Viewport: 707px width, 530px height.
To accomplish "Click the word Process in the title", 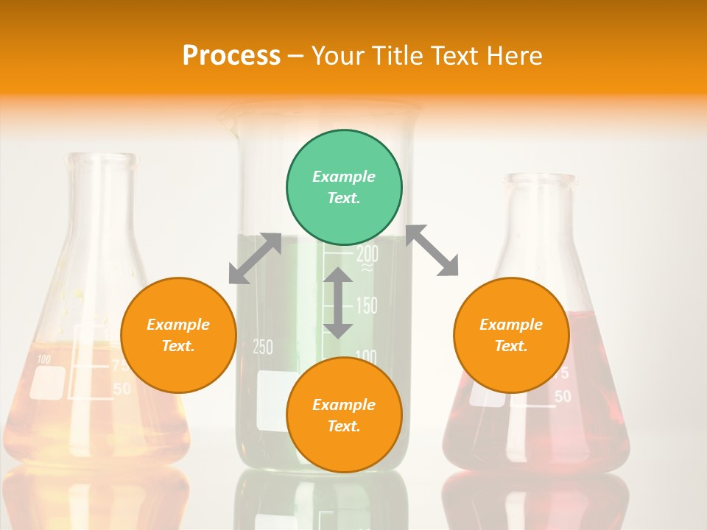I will [x=231, y=56].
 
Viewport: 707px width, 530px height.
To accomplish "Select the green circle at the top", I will [x=344, y=188].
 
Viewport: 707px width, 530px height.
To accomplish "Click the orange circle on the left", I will [x=178, y=335].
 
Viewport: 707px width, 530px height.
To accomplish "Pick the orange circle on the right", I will [x=511, y=335].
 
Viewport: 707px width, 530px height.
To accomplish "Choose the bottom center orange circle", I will [x=344, y=415].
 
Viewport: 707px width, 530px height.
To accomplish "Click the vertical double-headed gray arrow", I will [x=338, y=303].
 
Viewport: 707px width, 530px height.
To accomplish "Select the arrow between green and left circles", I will [x=255, y=258].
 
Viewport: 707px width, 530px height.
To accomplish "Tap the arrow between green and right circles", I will [x=432, y=250].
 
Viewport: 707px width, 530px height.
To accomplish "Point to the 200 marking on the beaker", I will [x=367, y=254].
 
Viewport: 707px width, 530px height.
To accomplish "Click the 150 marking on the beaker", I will [x=366, y=305].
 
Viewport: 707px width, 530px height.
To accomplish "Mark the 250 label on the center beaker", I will [x=263, y=347].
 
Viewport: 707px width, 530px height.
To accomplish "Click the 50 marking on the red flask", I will [x=563, y=397].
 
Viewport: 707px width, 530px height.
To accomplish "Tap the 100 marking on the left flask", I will [x=44, y=360].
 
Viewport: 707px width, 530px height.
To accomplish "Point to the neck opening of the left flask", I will [x=101, y=158].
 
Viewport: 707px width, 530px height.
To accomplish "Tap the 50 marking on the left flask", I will [x=122, y=389].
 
